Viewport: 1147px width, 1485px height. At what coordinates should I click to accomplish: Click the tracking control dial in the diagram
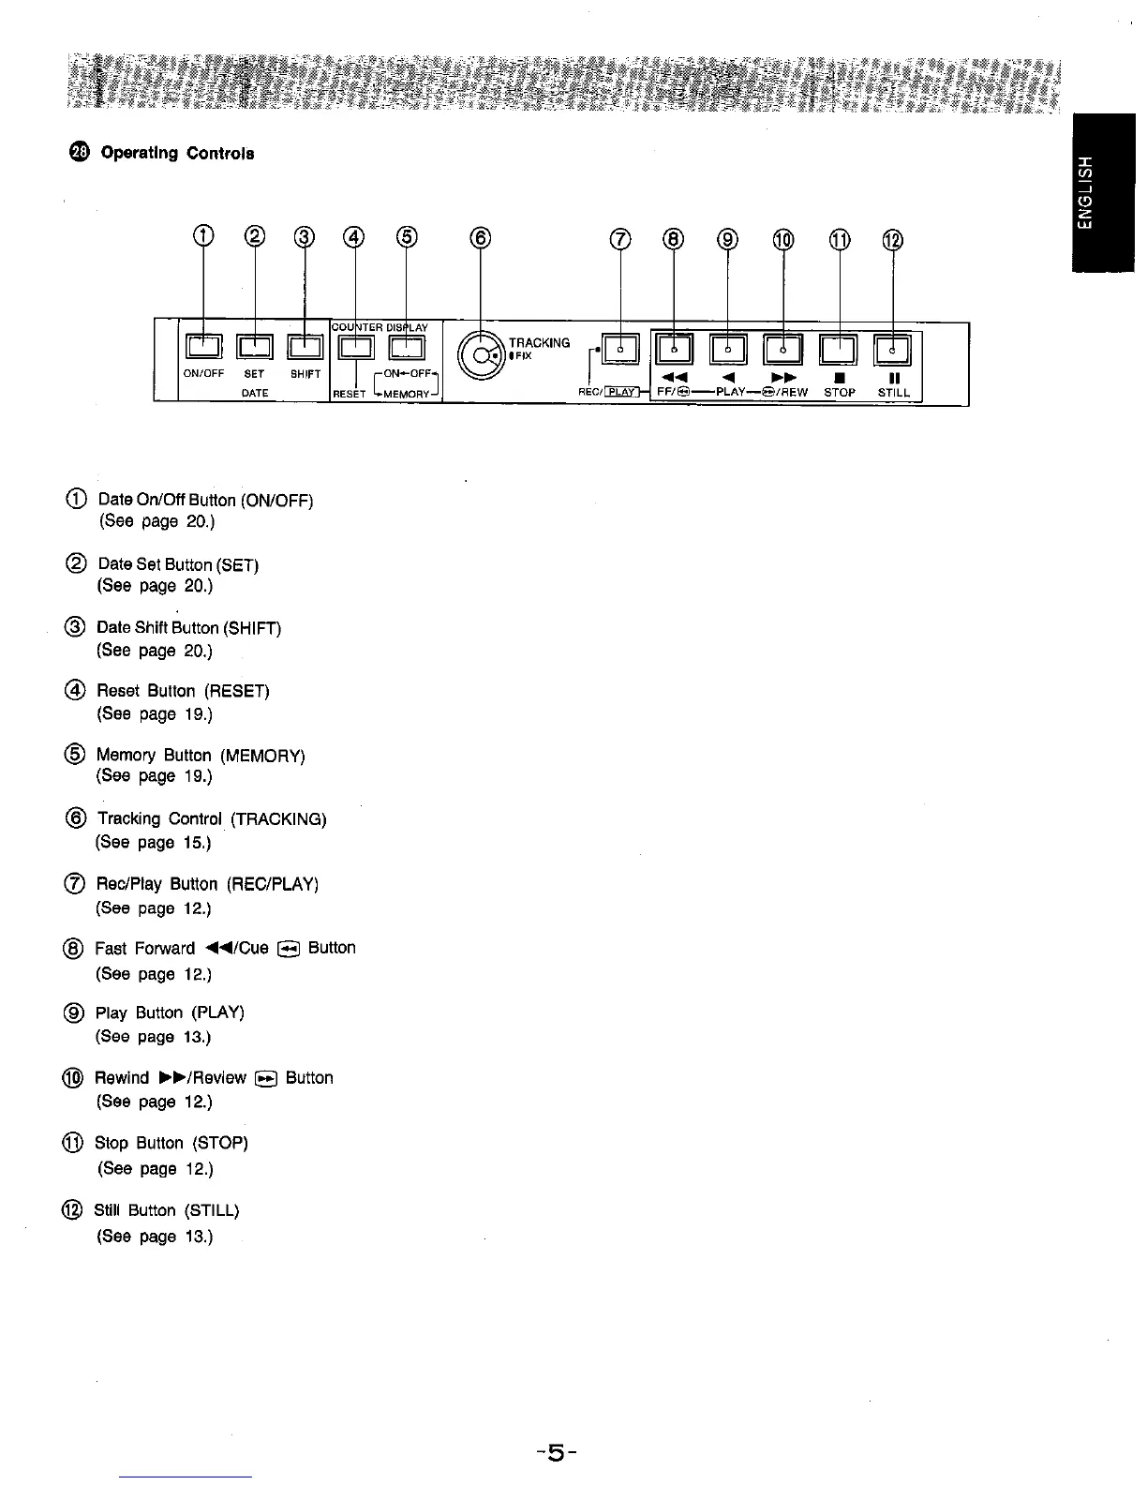click(x=481, y=356)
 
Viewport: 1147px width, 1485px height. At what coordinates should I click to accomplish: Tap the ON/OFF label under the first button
click(x=203, y=373)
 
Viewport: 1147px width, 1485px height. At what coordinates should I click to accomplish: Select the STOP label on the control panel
click(x=839, y=393)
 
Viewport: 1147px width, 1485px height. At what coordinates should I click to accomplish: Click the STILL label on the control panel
click(x=893, y=393)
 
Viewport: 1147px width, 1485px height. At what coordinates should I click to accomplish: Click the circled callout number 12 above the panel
click(x=893, y=240)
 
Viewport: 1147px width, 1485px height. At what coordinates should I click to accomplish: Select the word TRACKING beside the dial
click(x=539, y=342)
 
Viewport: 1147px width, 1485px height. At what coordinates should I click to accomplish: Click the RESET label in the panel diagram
click(x=349, y=394)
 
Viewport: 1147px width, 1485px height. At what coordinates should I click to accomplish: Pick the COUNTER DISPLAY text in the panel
click(x=380, y=327)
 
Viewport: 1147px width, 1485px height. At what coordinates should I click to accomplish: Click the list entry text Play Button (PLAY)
click(x=170, y=1012)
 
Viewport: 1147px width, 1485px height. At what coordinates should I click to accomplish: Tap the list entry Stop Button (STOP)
click(x=171, y=1143)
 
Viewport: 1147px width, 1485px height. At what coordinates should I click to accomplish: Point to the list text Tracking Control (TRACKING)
click(x=212, y=819)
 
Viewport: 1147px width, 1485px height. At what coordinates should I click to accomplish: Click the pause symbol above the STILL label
click(x=893, y=379)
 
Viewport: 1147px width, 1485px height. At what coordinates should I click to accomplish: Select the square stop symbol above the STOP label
click(x=839, y=379)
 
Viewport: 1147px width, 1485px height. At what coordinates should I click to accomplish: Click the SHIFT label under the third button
click(x=305, y=373)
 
